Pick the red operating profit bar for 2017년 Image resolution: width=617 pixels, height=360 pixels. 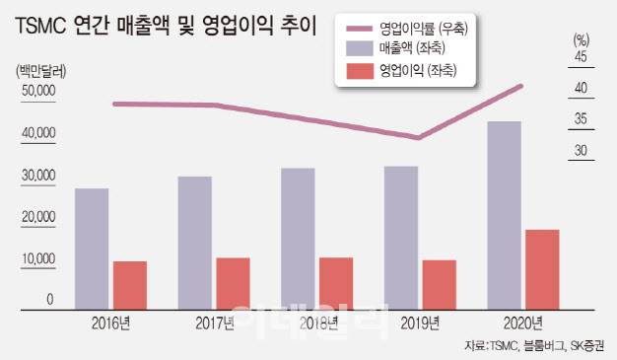pyautogui.click(x=233, y=283)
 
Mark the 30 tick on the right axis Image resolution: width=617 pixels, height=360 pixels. pyautogui.click(x=580, y=151)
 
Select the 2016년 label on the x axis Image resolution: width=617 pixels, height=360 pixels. pyautogui.click(x=111, y=323)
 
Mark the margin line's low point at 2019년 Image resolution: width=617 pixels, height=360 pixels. pyautogui.click(x=420, y=138)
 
